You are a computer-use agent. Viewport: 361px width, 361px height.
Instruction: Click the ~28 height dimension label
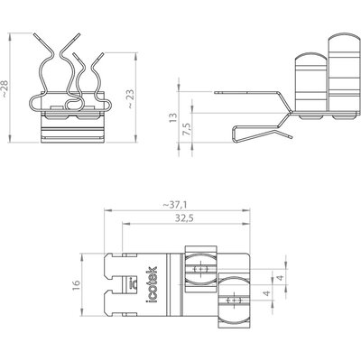(5, 88)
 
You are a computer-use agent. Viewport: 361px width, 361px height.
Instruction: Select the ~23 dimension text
(131, 99)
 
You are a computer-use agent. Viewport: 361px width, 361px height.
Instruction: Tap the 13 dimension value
(173, 117)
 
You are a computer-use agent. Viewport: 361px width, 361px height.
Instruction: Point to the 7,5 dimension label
(186, 129)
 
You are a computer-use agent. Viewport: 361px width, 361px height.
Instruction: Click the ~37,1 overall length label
(175, 205)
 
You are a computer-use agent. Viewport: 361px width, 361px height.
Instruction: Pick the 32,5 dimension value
(184, 218)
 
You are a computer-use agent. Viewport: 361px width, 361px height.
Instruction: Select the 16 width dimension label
(76, 284)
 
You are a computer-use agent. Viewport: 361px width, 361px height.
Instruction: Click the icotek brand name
(153, 284)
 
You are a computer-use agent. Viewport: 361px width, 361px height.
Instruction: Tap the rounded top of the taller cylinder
(344, 40)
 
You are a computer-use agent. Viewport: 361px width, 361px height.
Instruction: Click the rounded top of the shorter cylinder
(310, 57)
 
